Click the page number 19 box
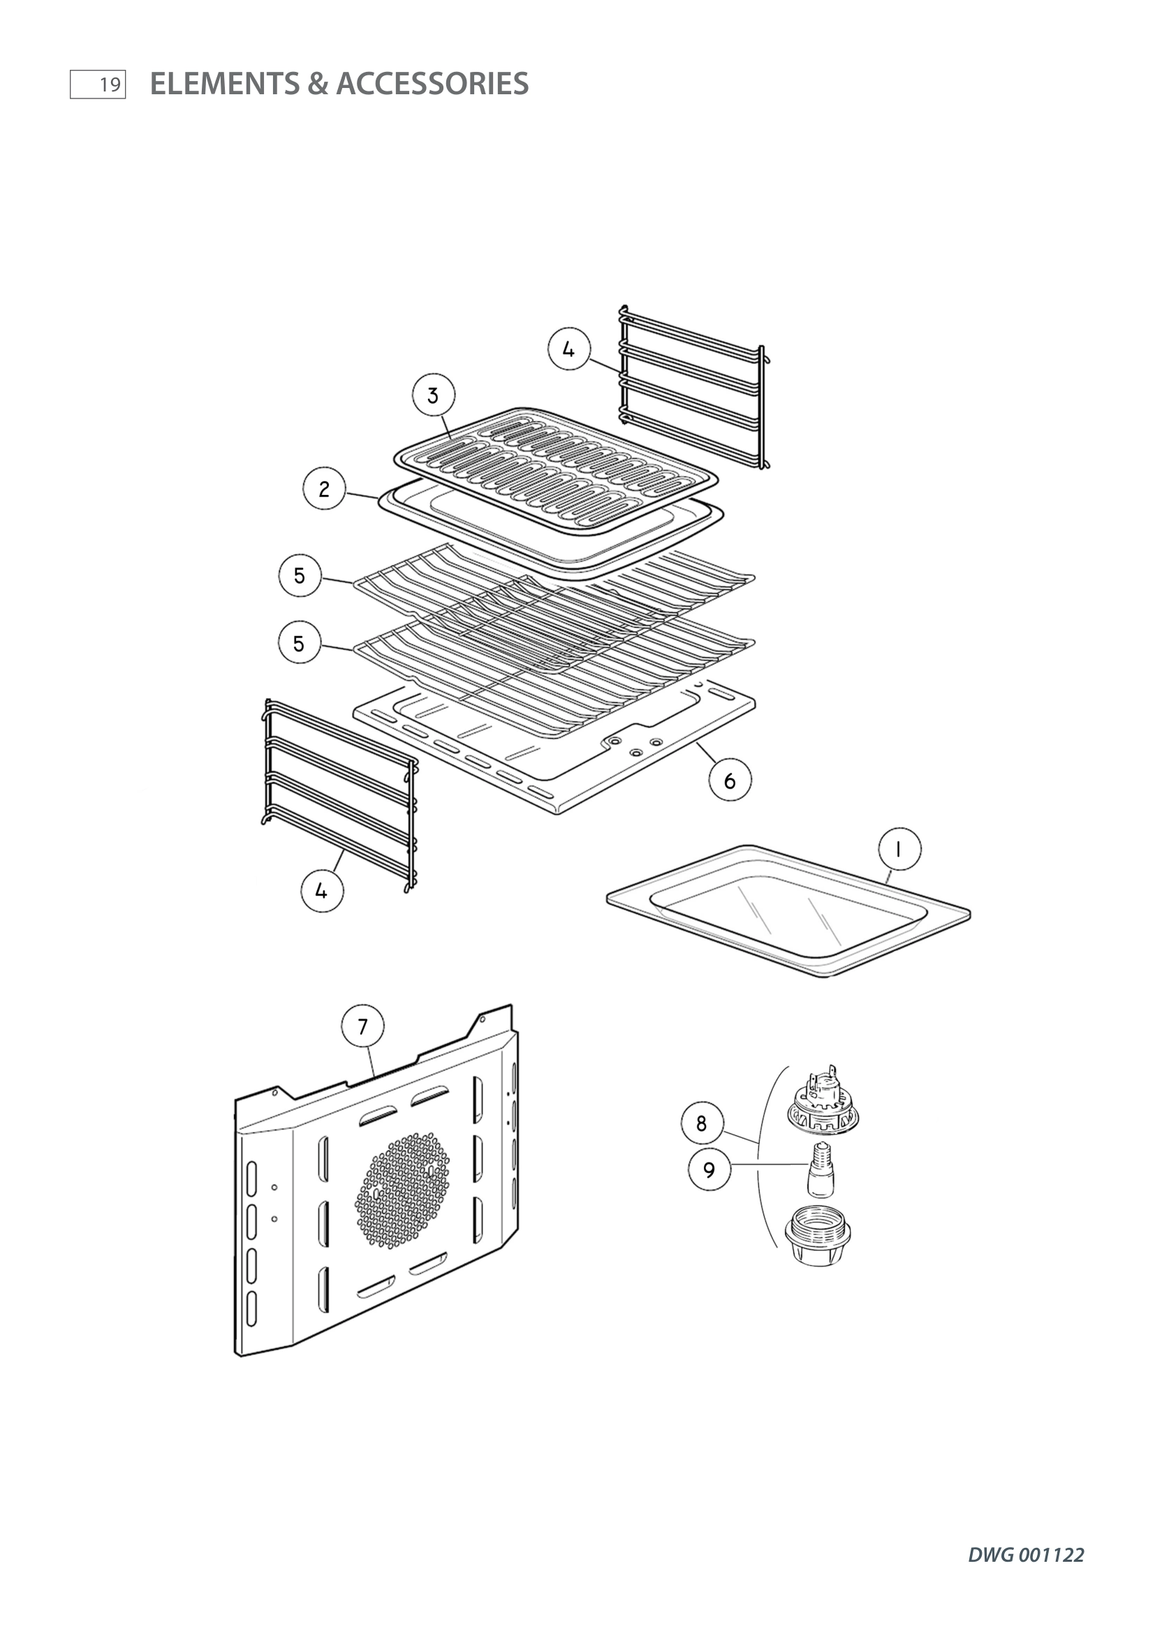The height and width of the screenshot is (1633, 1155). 98,84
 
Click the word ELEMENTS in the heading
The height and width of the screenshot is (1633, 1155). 225,84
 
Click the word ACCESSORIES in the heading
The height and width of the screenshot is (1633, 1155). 432,84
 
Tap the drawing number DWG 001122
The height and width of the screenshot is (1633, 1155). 1026,1556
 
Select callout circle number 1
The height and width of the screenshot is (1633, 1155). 899,849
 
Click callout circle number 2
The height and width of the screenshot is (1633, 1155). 324,489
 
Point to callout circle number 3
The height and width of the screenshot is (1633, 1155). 433,395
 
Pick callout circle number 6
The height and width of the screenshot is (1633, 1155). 730,781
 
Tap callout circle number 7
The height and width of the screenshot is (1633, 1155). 362,1026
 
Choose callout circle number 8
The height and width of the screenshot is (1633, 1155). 702,1123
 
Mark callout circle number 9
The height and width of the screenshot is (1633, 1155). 709,1170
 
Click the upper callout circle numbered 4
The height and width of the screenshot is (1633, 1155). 568,349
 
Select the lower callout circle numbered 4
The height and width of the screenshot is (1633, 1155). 321,890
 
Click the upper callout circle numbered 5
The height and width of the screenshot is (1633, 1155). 300,575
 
